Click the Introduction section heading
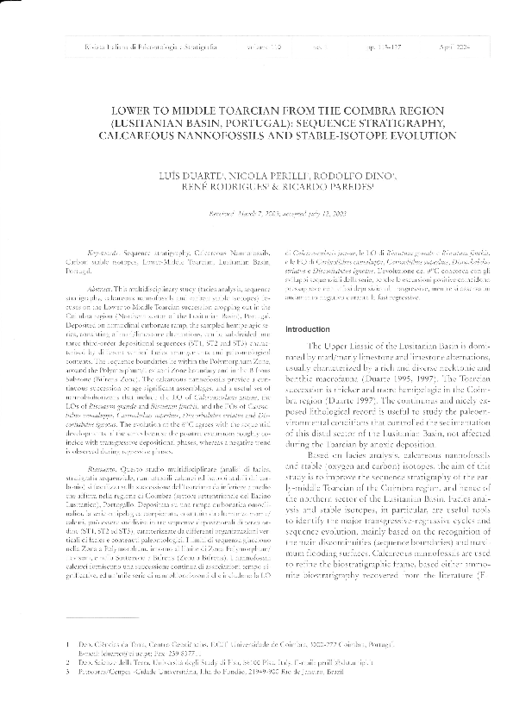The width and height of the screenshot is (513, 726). click(x=309, y=305)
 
